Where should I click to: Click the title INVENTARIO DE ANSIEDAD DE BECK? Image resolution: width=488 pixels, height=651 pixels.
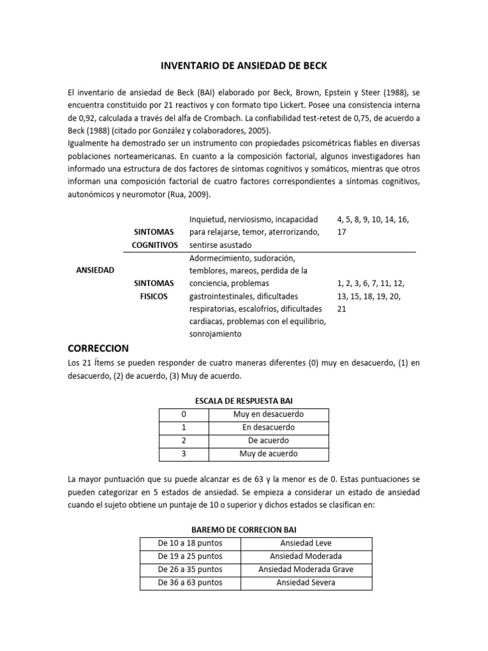pos(244,65)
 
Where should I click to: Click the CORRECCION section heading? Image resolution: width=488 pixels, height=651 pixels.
pos(98,348)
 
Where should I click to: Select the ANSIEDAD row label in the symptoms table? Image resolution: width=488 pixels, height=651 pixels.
pos(95,270)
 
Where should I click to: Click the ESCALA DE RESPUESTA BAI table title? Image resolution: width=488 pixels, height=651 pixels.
pos(243,401)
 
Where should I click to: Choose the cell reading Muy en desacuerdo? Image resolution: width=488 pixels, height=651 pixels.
pos(268,415)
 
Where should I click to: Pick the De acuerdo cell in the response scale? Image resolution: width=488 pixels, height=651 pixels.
pos(268,441)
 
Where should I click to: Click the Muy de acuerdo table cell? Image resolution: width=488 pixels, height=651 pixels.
pos(268,454)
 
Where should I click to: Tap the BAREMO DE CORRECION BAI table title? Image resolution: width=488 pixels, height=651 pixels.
pos(244,530)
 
